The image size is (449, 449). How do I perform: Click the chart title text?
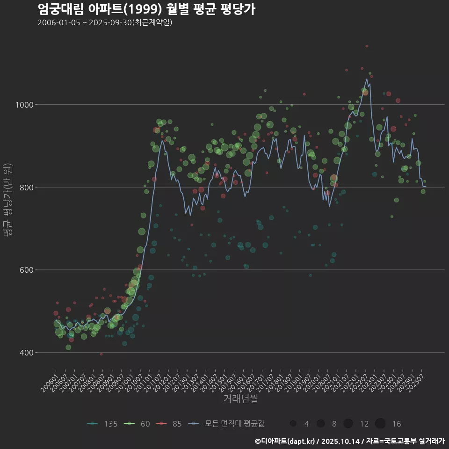tap(146, 9)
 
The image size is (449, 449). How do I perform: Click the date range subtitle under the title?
tap(105, 22)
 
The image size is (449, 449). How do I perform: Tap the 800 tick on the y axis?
tap(43, 188)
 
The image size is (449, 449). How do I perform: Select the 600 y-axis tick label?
tap(43, 270)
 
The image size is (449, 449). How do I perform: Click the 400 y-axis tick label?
tap(43, 353)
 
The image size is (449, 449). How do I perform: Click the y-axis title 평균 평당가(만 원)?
tap(7, 201)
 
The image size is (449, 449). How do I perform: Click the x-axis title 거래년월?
tap(240, 398)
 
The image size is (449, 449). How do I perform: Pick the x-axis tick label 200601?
tap(49, 379)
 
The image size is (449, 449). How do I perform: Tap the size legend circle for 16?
tap(380, 424)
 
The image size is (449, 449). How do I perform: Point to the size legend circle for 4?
tap(293, 424)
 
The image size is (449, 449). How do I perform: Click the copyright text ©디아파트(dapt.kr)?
tap(285, 441)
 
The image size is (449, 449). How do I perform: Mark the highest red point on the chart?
tap(367, 46)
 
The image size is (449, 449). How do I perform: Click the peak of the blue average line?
tap(367, 79)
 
